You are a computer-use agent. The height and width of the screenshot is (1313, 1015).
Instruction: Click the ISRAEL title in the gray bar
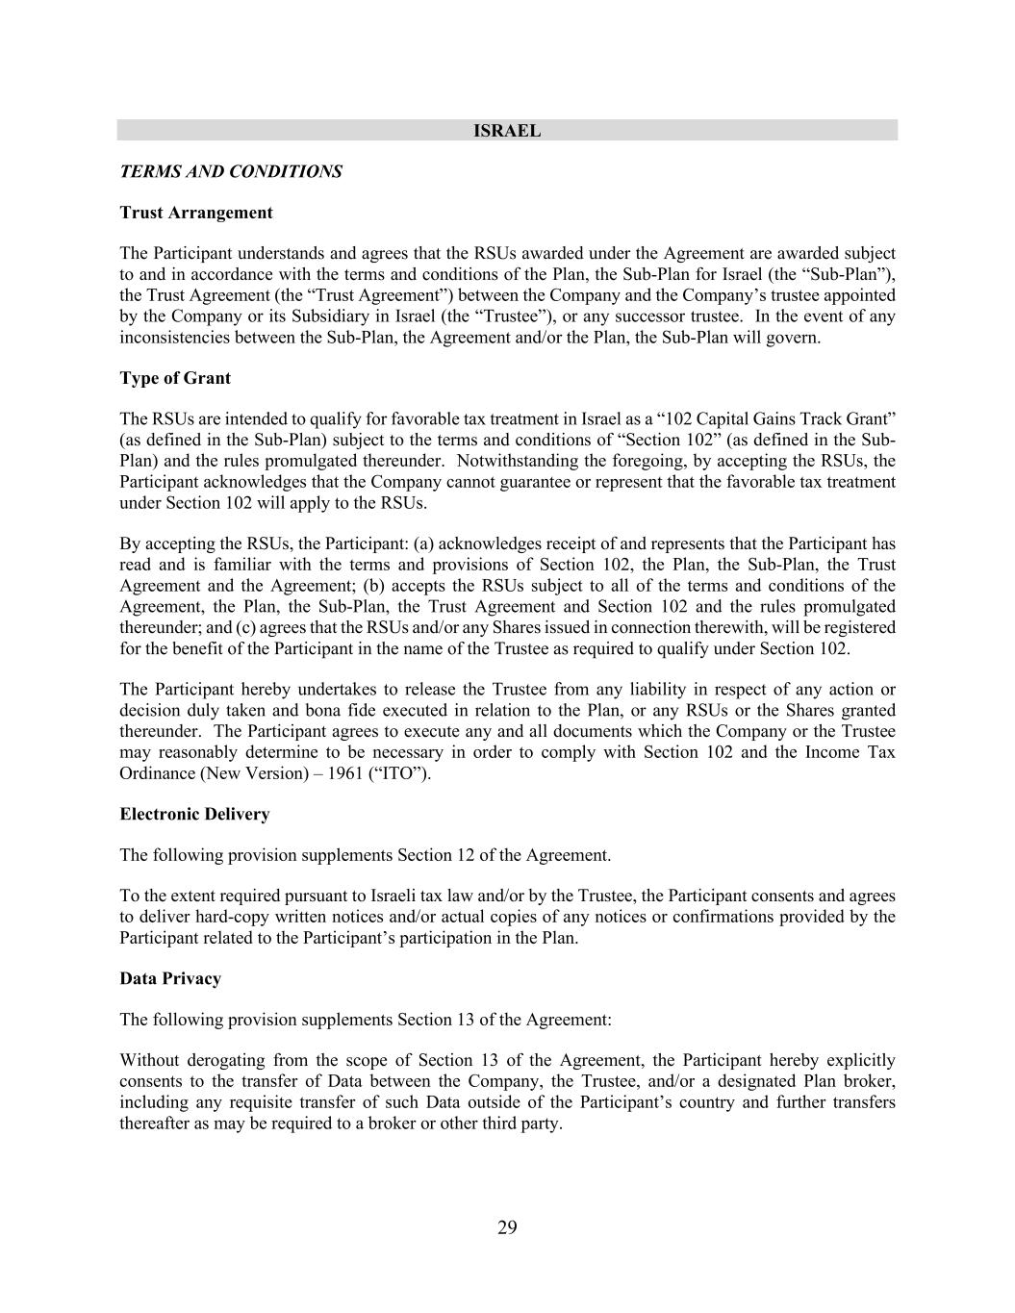click(x=507, y=131)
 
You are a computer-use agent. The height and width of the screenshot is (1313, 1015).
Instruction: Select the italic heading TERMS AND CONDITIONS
click(x=231, y=172)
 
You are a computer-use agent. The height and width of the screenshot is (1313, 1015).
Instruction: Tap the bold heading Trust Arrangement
click(x=196, y=213)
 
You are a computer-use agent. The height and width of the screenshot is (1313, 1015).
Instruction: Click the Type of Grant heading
click(x=175, y=378)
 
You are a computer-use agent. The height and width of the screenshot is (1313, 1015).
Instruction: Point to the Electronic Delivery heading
click(x=194, y=815)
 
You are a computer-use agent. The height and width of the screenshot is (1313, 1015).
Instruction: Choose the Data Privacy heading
click(x=170, y=979)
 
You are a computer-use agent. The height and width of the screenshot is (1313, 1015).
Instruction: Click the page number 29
click(x=507, y=1227)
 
